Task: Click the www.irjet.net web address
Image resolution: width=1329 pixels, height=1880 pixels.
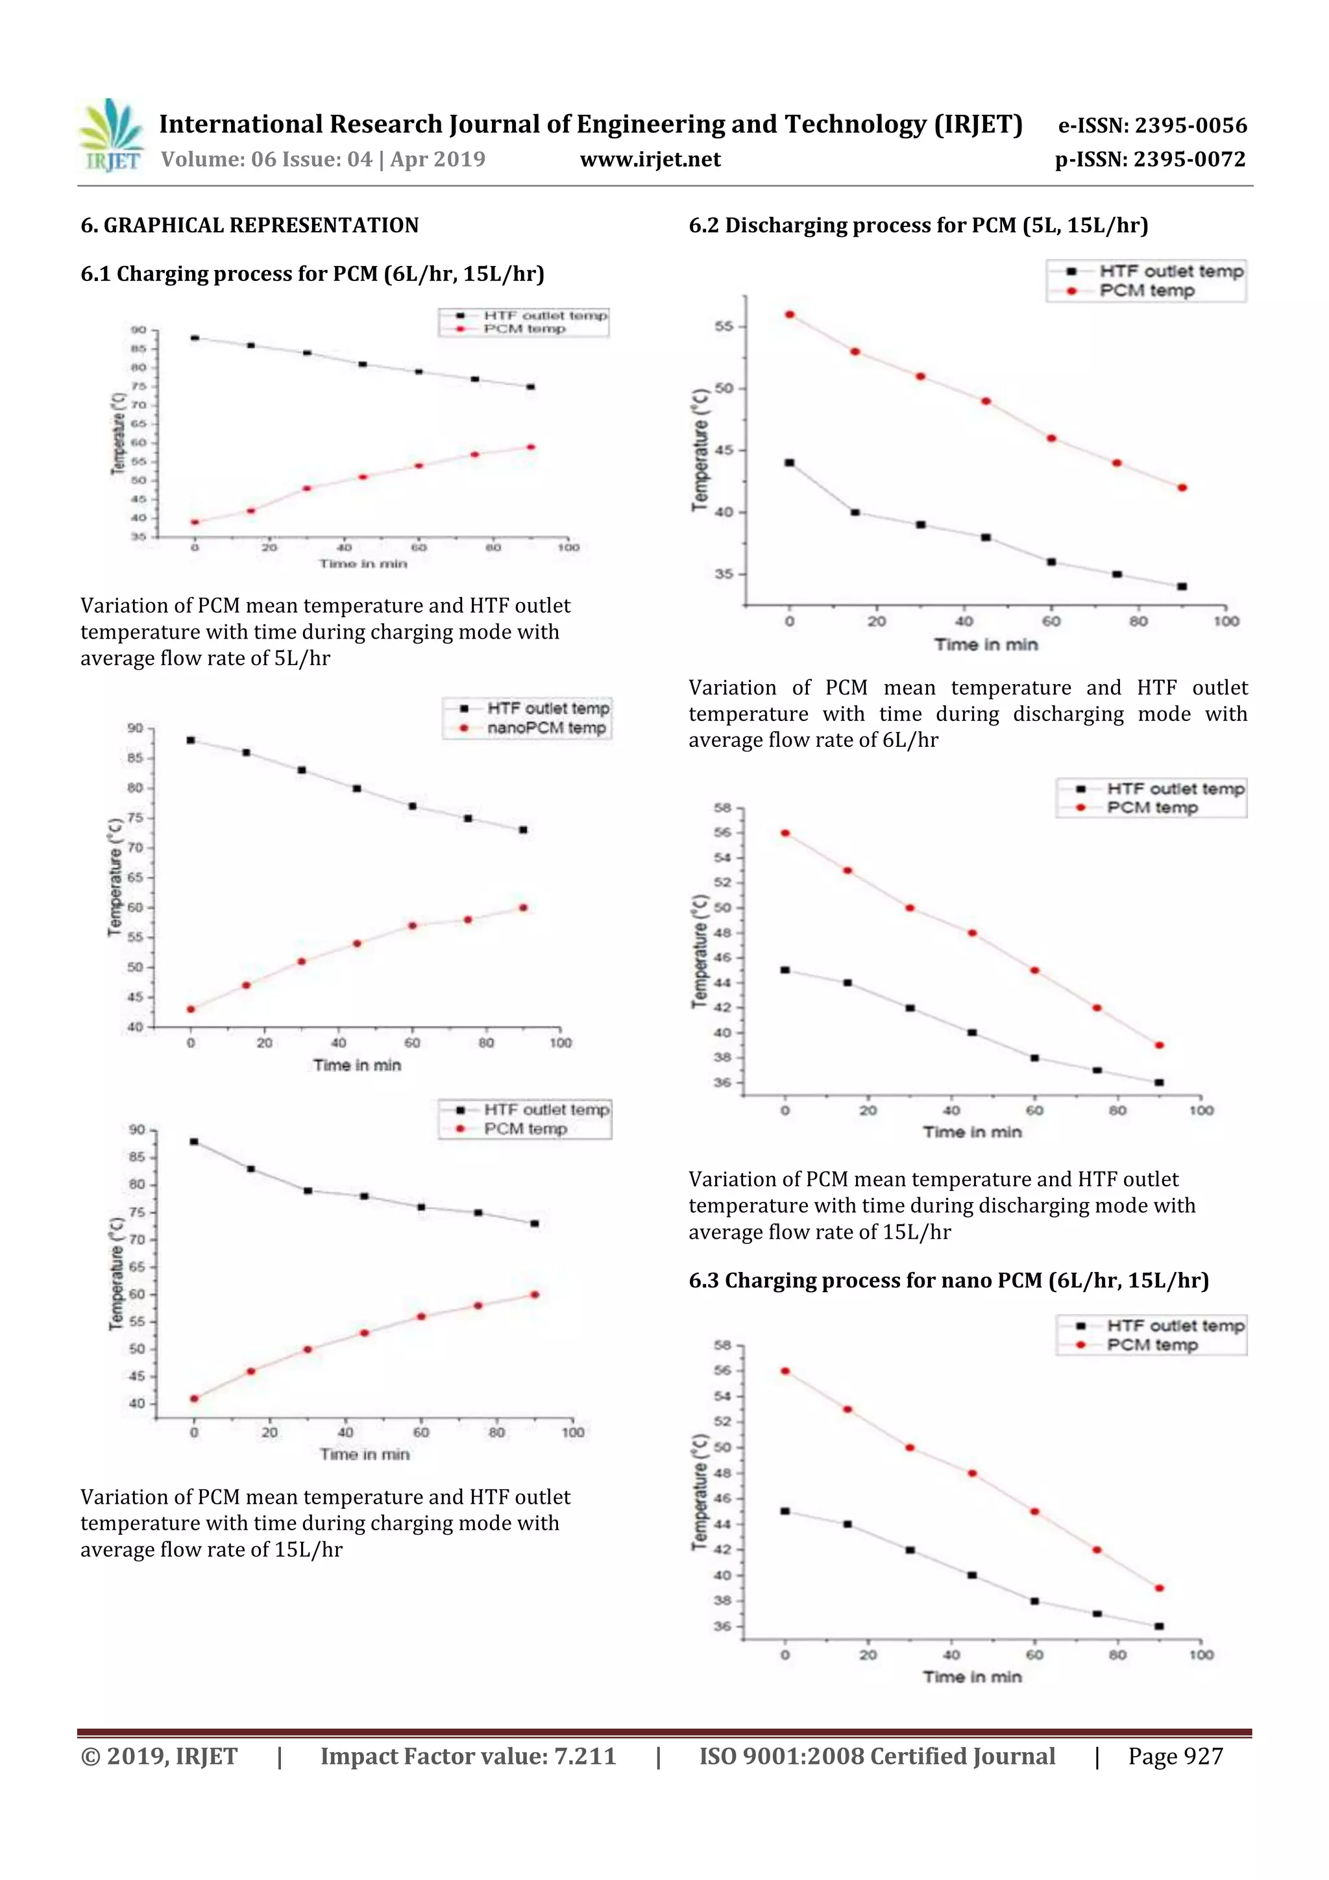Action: [650, 160]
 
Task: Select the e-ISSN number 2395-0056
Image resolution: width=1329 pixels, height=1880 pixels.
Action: [1152, 125]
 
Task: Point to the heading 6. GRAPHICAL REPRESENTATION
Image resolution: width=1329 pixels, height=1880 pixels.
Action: [250, 225]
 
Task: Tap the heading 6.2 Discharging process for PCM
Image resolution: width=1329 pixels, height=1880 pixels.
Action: [918, 225]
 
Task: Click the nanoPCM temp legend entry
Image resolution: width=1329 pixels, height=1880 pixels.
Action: [546, 728]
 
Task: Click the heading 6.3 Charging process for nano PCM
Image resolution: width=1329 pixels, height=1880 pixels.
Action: [948, 1280]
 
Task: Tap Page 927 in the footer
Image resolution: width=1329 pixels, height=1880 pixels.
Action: [1175, 1756]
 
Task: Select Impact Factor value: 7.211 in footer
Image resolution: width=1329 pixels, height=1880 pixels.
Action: [468, 1756]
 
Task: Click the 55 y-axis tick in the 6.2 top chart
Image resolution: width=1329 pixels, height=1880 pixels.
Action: [724, 326]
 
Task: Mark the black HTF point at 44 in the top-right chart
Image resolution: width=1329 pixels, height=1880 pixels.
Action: [789, 463]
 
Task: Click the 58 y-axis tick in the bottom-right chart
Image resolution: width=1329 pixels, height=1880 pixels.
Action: [722, 1345]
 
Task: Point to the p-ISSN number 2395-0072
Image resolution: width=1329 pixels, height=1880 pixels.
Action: [1150, 160]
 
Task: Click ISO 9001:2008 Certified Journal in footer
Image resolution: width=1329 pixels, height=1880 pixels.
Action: [877, 1756]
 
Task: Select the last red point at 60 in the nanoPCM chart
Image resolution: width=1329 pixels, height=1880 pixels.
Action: [523, 907]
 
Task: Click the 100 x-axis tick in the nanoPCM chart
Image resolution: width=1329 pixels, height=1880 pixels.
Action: [560, 1043]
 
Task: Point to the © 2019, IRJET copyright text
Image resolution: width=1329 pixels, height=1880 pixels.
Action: [159, 1756]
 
